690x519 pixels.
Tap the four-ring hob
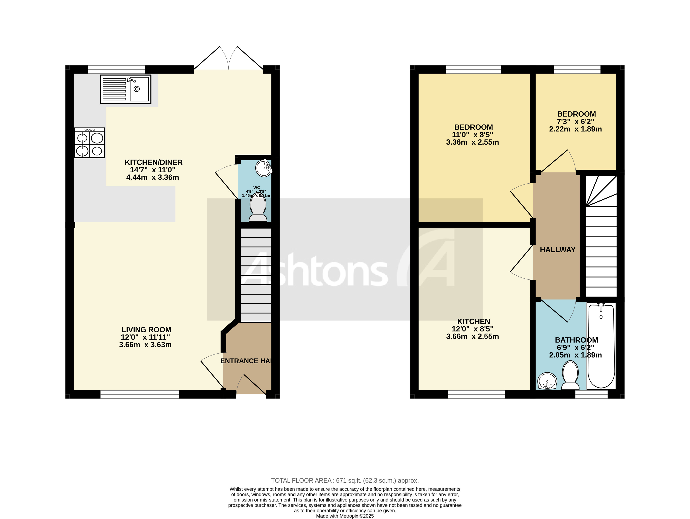pyautogui.click(x=89, y=143)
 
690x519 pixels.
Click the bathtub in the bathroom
pyautogui.click(x=601, y=346)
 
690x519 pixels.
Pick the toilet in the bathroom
pyautogui.click(x=570, y=375)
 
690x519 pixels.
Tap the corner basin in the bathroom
pyautogui.click(x=547, y=381)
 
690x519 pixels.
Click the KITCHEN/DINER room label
pyautogui.click(x=153, y=162)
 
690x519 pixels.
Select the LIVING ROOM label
pyautogui.click(x=146, y=330)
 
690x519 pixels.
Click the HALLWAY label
pyautogui.click(x=557, y=250)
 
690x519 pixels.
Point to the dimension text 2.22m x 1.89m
pyautogui.click(x=575, y=129)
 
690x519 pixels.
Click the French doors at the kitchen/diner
pyautogui.click(x=229, y=59)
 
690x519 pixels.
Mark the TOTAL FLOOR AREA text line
pyautogui.click(x=345, y=480)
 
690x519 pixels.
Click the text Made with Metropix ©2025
pyautogui.click(x=345, y=516)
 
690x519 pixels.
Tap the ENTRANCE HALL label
pyautogui.click(x=246, y=361)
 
